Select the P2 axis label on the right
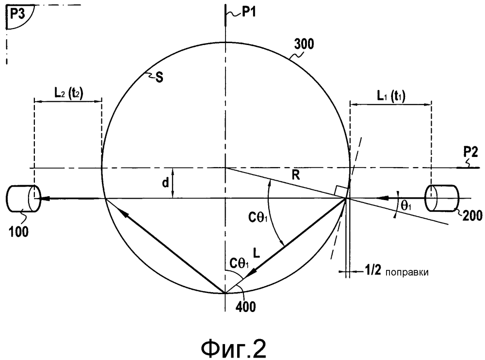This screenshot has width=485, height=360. [x=470, y=152]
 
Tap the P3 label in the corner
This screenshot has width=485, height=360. [x=17, y=14]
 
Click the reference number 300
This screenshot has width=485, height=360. [x=304, y=44]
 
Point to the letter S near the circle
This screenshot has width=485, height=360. [x=159, y=78]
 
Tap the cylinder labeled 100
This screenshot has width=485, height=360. [x=23, y=198]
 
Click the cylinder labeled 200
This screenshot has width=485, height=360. [x=442, y=198]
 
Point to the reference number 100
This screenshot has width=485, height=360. [x=18, y=232]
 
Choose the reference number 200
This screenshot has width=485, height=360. [x=472, y=216]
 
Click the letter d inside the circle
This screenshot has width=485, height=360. [x=165, y=183]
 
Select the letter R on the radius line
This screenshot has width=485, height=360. [x=296, y=175]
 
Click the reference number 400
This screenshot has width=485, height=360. [x=245, y=307]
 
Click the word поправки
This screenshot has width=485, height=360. [x=407, y=273]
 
